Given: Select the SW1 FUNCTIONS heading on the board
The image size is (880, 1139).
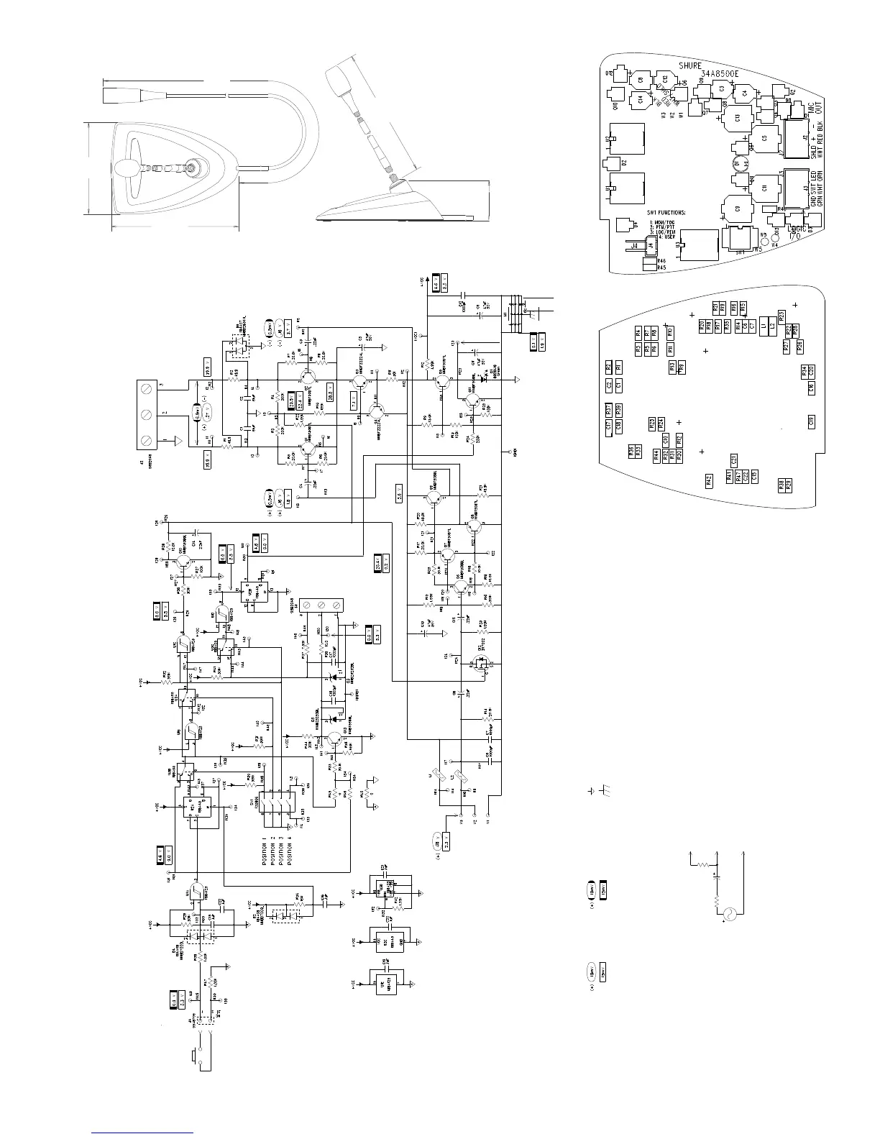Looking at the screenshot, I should coord(666,213).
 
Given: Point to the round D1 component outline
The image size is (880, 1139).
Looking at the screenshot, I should coord(741,163).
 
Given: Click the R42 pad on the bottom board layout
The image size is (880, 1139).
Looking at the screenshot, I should coord(709,480).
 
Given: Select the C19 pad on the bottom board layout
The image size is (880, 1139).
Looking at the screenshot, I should coord(812,422).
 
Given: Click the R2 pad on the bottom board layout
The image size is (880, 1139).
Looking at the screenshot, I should coord(608,367).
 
